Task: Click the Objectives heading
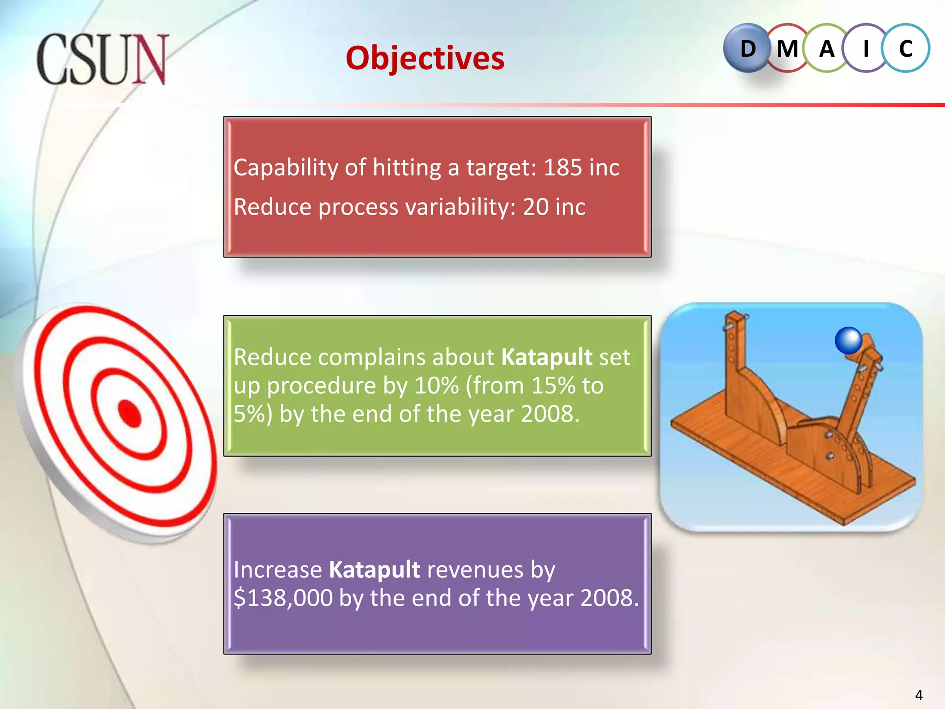point(425,59)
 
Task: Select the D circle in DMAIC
point(748,48)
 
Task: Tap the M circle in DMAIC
point(787,48)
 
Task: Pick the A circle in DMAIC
point(827,48)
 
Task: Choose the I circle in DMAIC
point(866,48)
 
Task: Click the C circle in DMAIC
point(906,48)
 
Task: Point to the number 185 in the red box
point(562,167)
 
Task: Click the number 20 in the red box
point(535,207)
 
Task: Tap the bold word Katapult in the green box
point(546,357)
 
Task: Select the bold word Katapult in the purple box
point(374,569)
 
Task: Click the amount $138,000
point(283,598)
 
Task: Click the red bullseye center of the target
point(130,413)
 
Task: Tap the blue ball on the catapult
point(848,340)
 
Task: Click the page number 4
point(918,695)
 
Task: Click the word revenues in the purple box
point(475,569)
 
